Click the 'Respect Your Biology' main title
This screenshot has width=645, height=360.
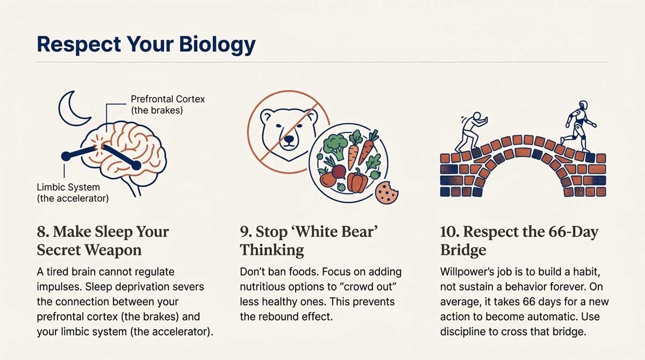pyautogui.click(x=146, y=44)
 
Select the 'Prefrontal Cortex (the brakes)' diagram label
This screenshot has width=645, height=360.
pyautogui.click(x=168, y=105)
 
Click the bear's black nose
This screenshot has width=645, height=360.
pyautogui.click(x=290, y=139)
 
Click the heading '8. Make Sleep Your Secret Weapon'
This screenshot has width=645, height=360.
pyautogui.click(x=103, y=240)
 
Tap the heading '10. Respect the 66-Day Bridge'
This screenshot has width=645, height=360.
pyautogui.click(x=519, y=240)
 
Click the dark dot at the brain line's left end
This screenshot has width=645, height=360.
pyautogui.click(x=66, y=156)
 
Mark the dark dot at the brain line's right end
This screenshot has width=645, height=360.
pyautogui.click(x=136, y=166)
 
